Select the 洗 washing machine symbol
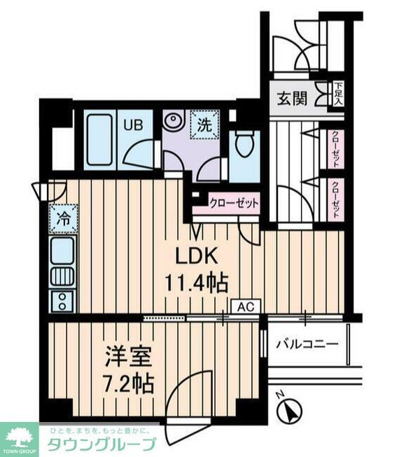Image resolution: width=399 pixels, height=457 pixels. click(x=204, y=127)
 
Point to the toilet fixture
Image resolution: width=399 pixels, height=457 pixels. click(x=244, y=146)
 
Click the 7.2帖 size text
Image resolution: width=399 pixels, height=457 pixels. click(x=126, y=386)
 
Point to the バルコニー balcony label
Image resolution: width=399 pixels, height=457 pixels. click(x=307, y=344)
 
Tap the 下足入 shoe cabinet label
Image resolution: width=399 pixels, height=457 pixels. click(x=339, y=94)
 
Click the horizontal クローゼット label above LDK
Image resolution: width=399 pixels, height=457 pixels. click(x=234, y=204)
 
